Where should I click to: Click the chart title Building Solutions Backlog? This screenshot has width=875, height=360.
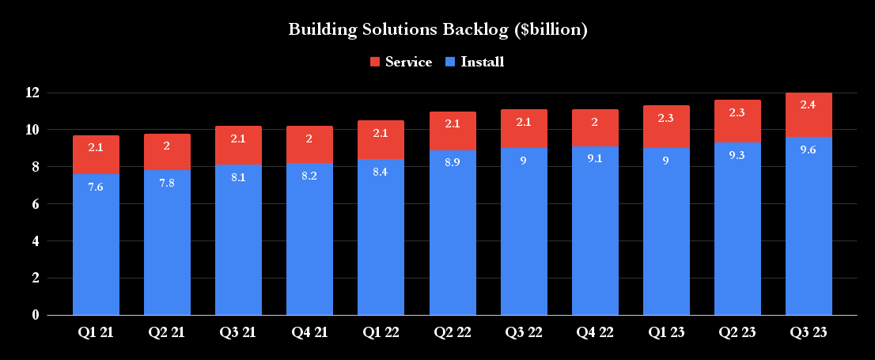(x=437, y=30)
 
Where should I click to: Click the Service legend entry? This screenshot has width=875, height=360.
(x=400, y=62)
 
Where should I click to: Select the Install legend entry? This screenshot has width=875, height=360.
(x=474, y=62)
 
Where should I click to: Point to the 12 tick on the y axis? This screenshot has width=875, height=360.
(x=32, y=93)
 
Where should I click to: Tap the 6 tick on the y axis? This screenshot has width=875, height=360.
(x=35, y=204)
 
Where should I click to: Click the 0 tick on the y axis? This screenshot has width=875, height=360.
(x=35, y=315)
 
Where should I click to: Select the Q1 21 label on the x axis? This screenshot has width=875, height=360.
(x=96, y=332)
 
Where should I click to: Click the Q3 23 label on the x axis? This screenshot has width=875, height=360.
(x=809, y=332)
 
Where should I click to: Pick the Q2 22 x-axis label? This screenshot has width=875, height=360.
(x=453, y=332)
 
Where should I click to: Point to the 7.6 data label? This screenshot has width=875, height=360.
(x=96, y=187)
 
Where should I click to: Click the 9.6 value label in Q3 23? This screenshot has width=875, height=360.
(x=809, y=150)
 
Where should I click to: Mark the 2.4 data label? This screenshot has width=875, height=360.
(x=809, y=105)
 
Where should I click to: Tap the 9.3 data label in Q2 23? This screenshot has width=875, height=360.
(x=737, y=156)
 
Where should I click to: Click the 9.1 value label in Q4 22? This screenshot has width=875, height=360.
(x=595, y=160)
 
